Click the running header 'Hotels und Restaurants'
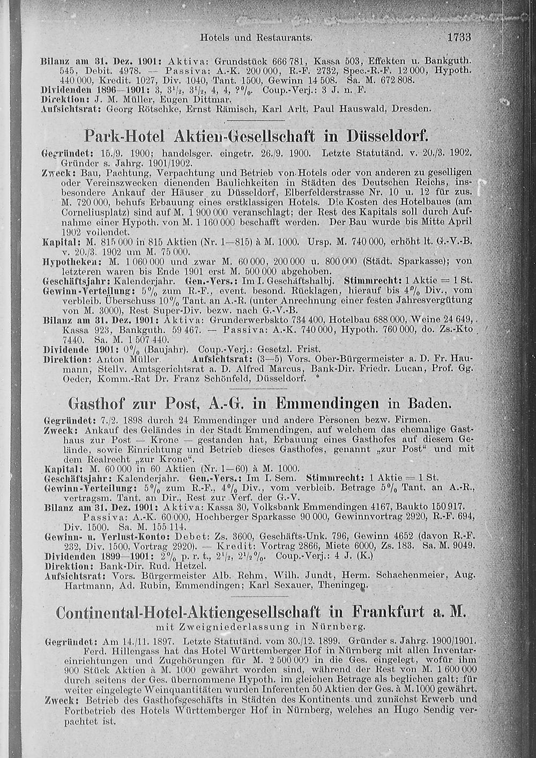[x=256, y=38]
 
